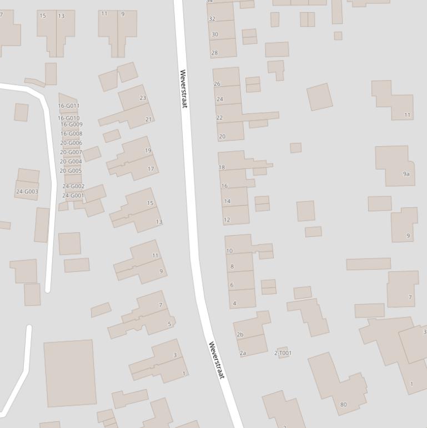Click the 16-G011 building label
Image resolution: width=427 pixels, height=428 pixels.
pyautogui.click(x=69, y=106)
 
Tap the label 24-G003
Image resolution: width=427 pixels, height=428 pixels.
pyautogui.click(x=27, y=192)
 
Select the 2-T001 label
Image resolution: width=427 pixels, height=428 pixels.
pyautogui.click(x=283, y=353)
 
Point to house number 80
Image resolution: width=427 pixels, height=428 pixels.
pyautogui.click(x=343, y=404)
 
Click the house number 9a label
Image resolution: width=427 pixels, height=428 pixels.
pyautogui.click(x=406, y=174)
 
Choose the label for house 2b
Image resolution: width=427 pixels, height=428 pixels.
pyautogui.click(x=240, y=335)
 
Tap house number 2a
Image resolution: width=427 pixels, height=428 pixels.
pyautogui.click(x=243, y=353)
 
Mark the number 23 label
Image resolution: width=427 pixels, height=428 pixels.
pyautogui.click(x=143, y=98)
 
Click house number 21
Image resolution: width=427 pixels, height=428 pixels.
pyautogui.click(x=148, y=120)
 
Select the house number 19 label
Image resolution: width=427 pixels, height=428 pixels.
pyautogui.click(x=148, y=151)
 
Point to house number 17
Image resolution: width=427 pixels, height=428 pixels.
pyautogui.click(x=150, y=169)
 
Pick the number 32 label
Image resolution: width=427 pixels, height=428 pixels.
pyautogui.click(x=212, y=19)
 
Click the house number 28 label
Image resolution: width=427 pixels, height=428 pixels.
pyautogui.click(x=214, y=53)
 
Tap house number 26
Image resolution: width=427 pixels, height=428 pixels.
pyautogui.click(x=217, y=84)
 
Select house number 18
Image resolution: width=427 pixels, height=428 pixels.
pyautogui.click(x=222, y=167)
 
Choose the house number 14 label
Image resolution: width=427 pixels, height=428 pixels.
pyautogui.click(x=227, y=201)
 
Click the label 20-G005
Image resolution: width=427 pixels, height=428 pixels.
pyautogui.click(x=71, y=171)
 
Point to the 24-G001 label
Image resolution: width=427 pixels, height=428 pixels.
pyautogui.click(x=73, y=196)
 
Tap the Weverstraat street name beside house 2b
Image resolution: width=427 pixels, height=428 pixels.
pyautogui.click(x=216, y=360)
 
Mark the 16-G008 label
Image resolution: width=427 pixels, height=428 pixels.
pyautogui.click(x=71, y=133)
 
